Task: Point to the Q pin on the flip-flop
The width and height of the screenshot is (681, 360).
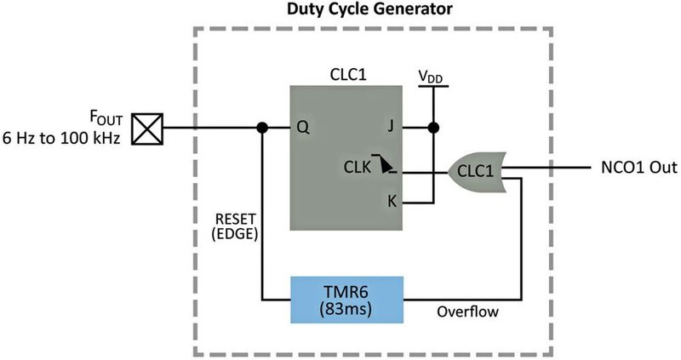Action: pos(301,129)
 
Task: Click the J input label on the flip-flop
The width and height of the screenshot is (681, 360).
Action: pos(389,129)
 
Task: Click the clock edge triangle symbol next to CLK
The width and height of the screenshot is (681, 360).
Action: pos(387,167)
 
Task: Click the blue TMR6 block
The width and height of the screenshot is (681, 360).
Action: pos(346,299)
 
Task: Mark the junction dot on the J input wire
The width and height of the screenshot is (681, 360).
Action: pos(434,129)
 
